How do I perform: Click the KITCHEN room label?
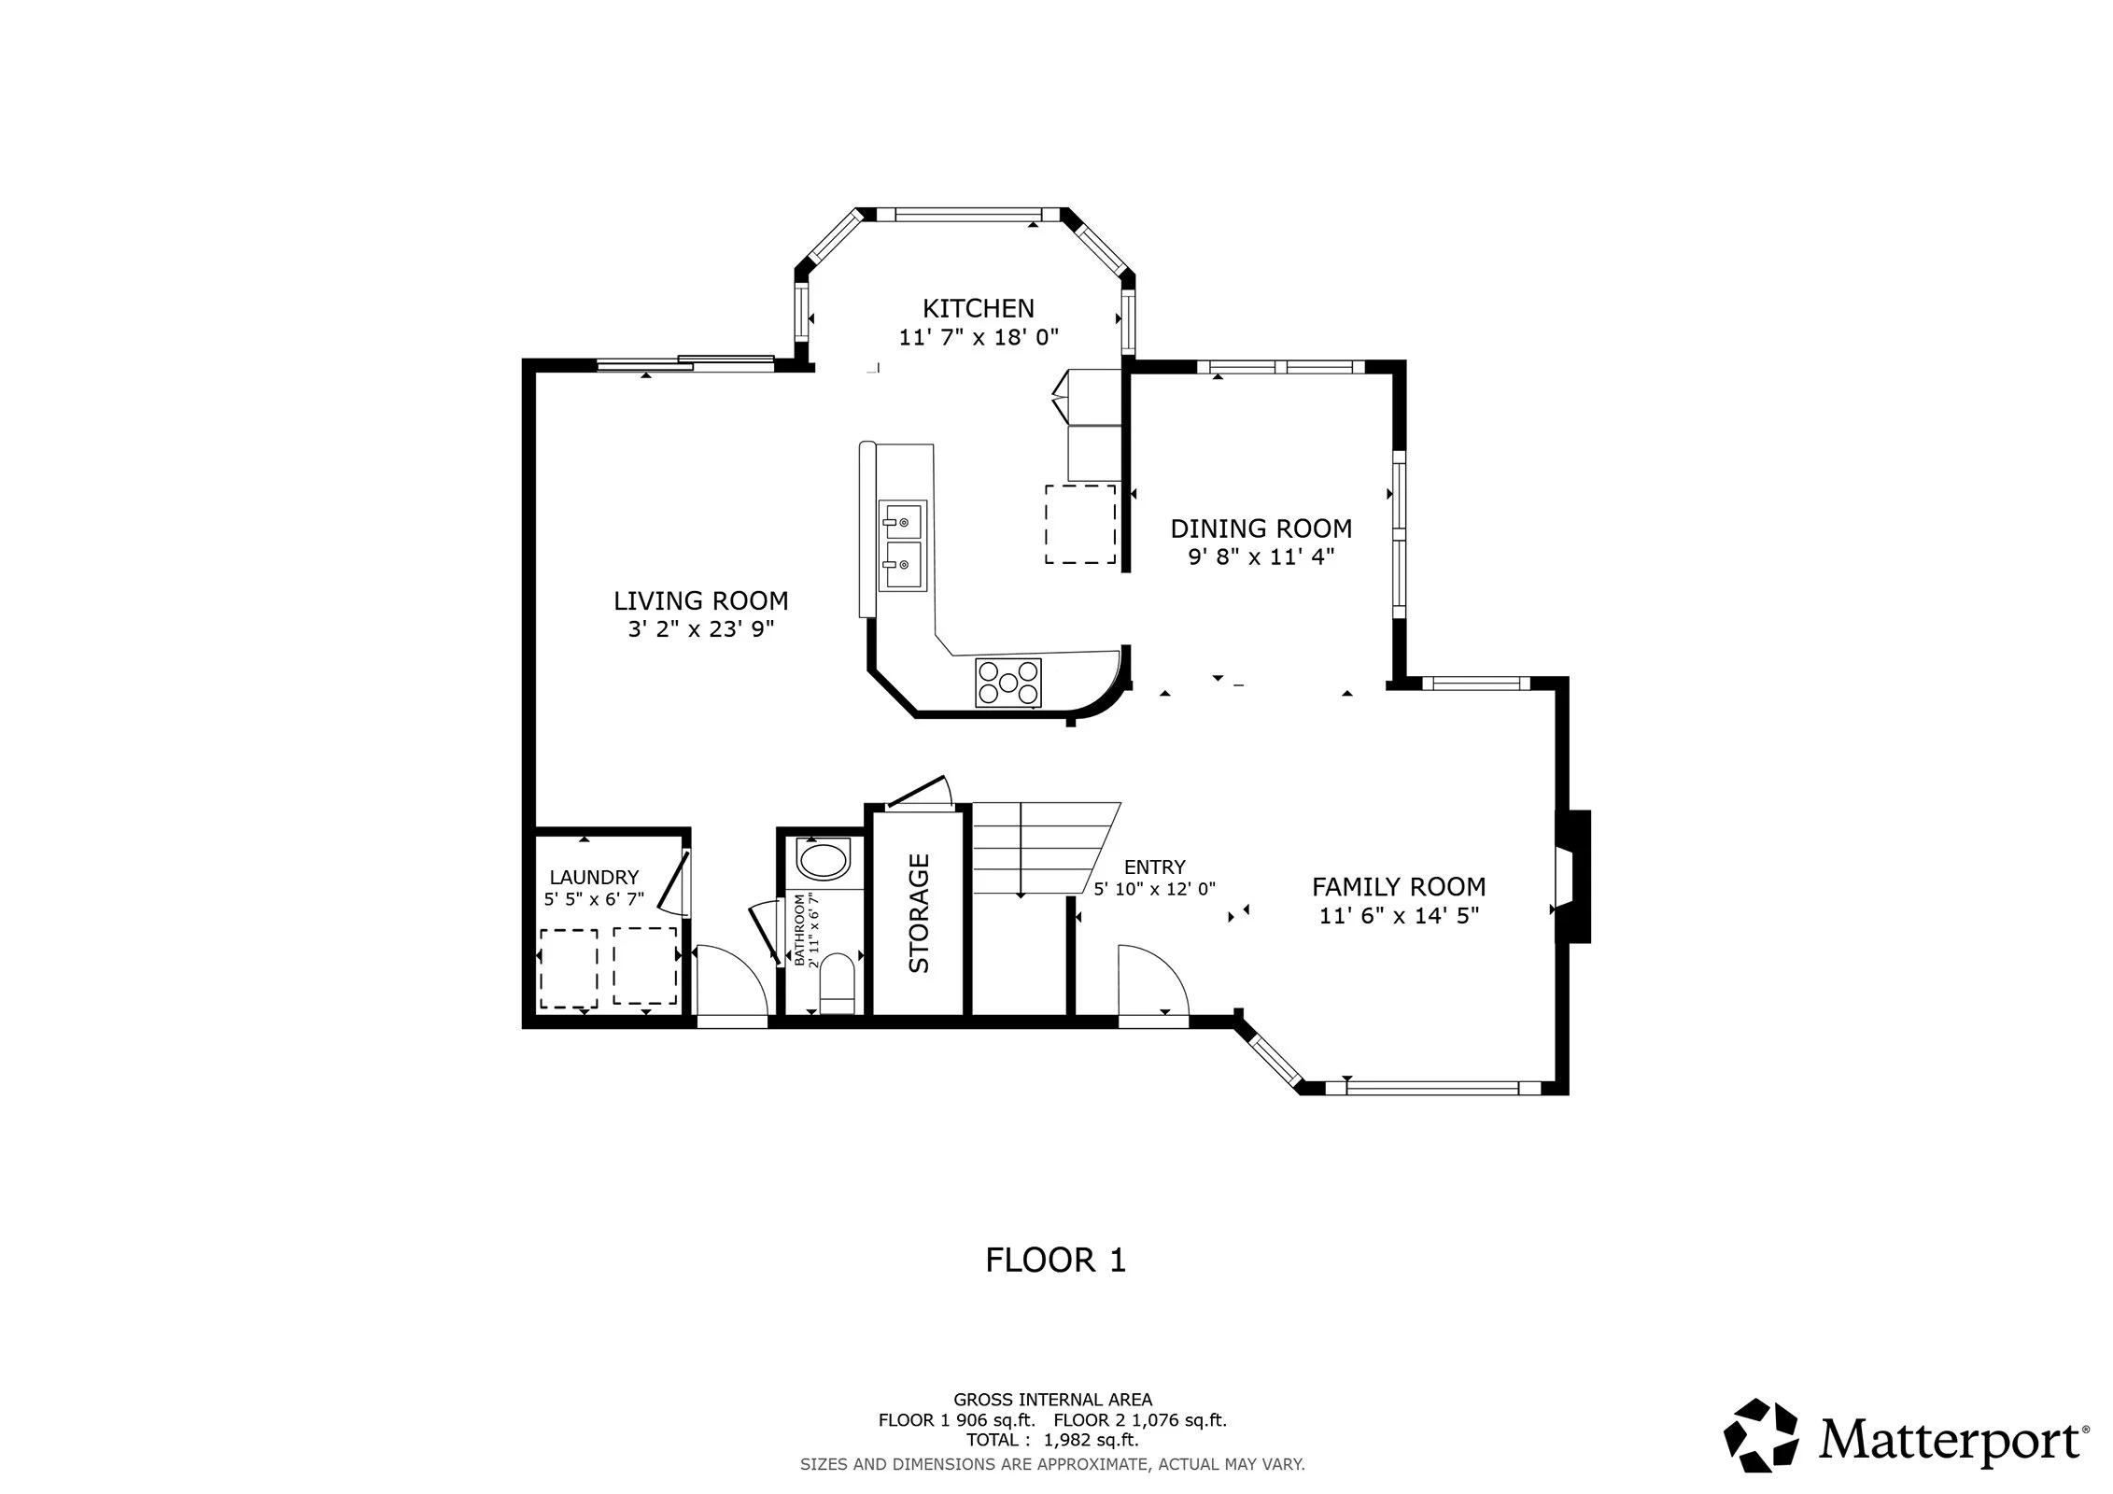pyautogui.click(x=978, y=308)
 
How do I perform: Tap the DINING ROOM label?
pyautogui.click(x=1261, y=529)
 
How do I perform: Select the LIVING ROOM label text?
pyautogui.click(x=700, y=600)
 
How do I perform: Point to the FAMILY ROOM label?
pyautogui.click(x=1398, y=886)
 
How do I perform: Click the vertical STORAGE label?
pyautogui.click(x=920, y=913)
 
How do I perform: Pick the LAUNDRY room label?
pyautogui.click(x=594, y=877)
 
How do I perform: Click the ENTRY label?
pyautogui.click(x=1154, y=867)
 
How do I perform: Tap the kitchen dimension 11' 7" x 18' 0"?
pyautogui.click(x=978, y=337)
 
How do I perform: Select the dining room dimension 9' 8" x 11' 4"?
pyautogui.click(x=1261, y=557)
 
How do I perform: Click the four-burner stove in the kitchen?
pyautogui.click(x=1007, y=683)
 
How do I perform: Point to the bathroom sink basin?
pyautogui.click(x=824, y=860)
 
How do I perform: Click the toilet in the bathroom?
pyautogui.click(x=836, y=982)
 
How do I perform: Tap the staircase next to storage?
pyautogui.click(x=1046, y=848)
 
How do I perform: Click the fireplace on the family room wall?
pyautogui.click(x=1572, y=877)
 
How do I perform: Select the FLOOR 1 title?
pyautogui.click(x=1056, y=1260)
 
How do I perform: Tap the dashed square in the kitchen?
pyautogui.click(x=1080, y=524)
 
